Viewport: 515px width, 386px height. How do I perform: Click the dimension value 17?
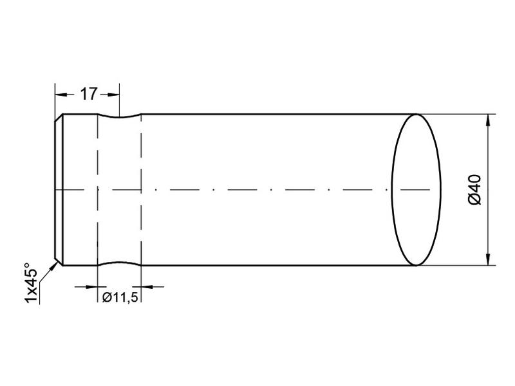[x=88, y=94]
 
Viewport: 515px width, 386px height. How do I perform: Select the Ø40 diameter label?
[x=474, y=190]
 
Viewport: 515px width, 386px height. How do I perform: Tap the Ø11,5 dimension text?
[x=120, y=297]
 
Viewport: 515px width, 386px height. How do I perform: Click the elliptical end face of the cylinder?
[x=417, y=190]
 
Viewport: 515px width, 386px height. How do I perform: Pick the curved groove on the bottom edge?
[x=119, y=262]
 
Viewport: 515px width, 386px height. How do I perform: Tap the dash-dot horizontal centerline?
[x=257, y=190]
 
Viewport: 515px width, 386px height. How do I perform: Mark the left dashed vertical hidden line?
[x=97, y=193]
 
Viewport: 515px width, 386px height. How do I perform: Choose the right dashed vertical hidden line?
[x=141, y=193]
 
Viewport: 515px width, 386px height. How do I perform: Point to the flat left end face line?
[x=55, y=190]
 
